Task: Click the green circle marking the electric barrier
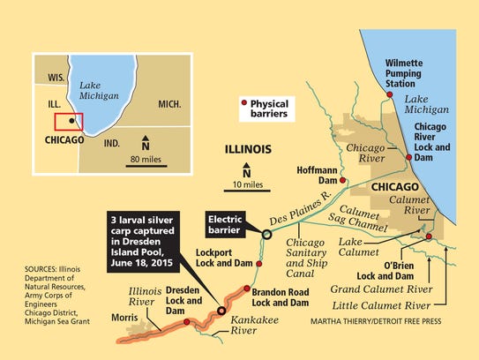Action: [x=266, y=234]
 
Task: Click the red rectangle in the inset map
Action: [x=69, y=122]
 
